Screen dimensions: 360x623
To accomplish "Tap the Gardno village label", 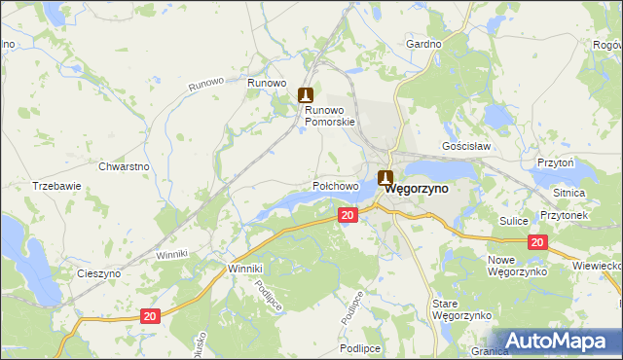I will [423, 45].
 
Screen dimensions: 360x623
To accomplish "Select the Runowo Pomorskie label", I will [331, 116].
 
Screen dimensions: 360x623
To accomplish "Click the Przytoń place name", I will [554, 162].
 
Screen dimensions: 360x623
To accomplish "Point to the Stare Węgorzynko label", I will [452, 310].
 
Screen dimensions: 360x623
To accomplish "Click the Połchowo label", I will [337, 184].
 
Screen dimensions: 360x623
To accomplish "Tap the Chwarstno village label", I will [124, 166].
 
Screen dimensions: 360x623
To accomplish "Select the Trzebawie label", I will [55, 185].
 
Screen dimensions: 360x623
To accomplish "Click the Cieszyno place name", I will [99, 273].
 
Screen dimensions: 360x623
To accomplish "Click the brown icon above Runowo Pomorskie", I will [306, 94].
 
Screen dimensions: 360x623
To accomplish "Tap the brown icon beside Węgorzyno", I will [385, 178].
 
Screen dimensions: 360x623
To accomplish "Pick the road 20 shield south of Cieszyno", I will [148, 316].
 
